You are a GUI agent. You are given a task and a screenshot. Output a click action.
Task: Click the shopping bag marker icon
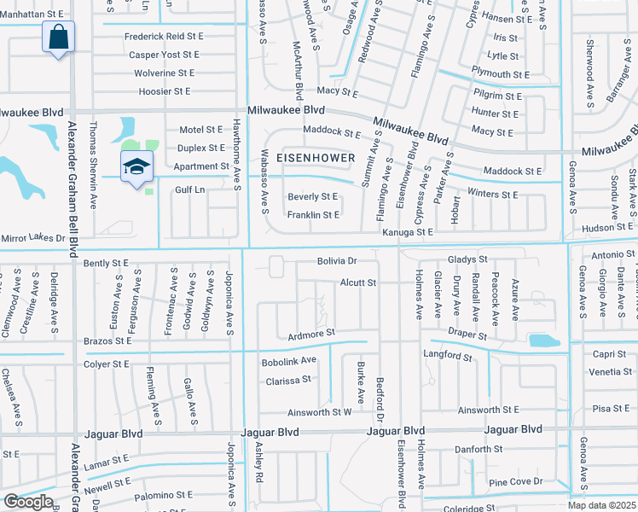pyautogui.click(x=58, y=38)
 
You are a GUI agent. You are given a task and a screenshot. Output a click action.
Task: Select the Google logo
pyautogui.click(x=27, y=502)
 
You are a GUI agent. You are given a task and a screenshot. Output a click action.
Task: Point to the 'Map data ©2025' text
pyautogui.click(x=602, y=505)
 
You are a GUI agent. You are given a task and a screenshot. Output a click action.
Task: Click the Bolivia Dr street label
pyautogui.click(x=336, y=260)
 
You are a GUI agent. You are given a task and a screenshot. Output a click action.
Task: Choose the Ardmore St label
pyautogui.click(x=312, y=334)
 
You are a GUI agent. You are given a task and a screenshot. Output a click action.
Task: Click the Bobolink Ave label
pyautogui.click(x=289, y=361)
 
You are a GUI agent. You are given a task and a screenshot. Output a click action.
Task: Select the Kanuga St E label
pyautogui.click(x=408, y=232)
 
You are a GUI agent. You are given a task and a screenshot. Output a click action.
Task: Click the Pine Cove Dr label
pyautogui.click(x=517, y=481)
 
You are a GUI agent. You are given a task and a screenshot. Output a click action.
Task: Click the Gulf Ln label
pyautogui.click(x=190, y=190)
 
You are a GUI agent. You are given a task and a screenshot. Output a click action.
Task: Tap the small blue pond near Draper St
pyautogui.click(x=544, y=341)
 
